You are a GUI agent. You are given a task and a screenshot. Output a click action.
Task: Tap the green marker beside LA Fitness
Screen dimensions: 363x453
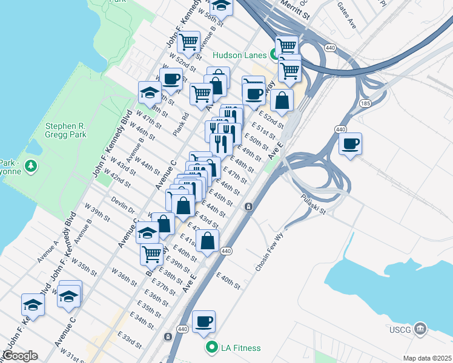[211, 347]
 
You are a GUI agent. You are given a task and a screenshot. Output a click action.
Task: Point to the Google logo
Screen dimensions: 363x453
[19, 356]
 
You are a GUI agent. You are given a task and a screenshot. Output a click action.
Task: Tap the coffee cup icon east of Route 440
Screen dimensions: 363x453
[350, 145]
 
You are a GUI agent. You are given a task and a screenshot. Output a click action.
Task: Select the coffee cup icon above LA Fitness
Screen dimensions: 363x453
[203, 321]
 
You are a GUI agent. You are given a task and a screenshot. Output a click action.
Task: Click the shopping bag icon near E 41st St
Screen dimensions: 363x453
[207, 241]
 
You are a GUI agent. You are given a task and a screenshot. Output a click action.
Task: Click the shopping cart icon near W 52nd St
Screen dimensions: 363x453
[190, 41]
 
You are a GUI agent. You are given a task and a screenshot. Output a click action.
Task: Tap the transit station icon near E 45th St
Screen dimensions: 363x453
[248, 208]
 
